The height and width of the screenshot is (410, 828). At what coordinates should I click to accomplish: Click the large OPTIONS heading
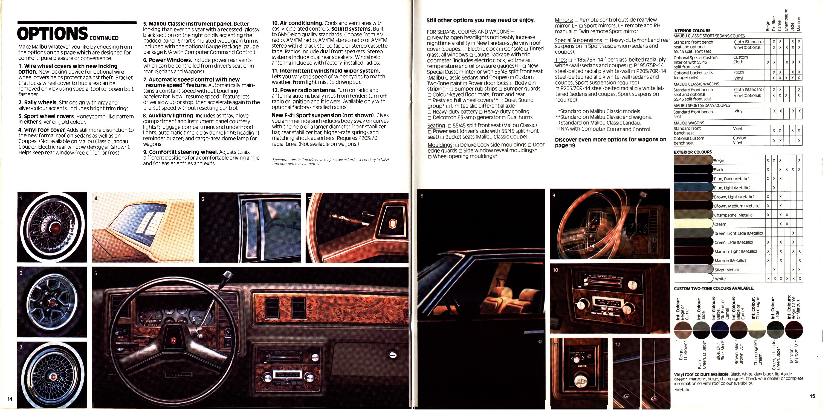pyautogui.click(x=52, y=33)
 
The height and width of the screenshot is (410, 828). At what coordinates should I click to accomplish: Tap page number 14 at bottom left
pyautogui.click(x=10, y=399)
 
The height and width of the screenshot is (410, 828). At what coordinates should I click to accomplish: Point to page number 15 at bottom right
pyautogui.click(x=812, y=396)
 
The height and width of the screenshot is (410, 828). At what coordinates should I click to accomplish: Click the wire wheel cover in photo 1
pyautogui.click(x=52, y=227)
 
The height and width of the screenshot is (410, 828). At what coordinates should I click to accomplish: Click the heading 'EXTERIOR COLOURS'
pyautogui.click(x=693, y=152)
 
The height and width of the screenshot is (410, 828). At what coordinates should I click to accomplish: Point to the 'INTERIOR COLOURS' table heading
pyautogui.click(x=692, y=31)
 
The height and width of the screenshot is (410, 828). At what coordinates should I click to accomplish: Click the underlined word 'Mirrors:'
pyautogui.click(x=563, y=20)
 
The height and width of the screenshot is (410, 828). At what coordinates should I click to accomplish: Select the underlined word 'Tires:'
pyautogui.click(x=561, y=60)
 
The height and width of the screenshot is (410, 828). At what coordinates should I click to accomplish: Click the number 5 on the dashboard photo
pyautogui.click(x=95, y=273)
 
